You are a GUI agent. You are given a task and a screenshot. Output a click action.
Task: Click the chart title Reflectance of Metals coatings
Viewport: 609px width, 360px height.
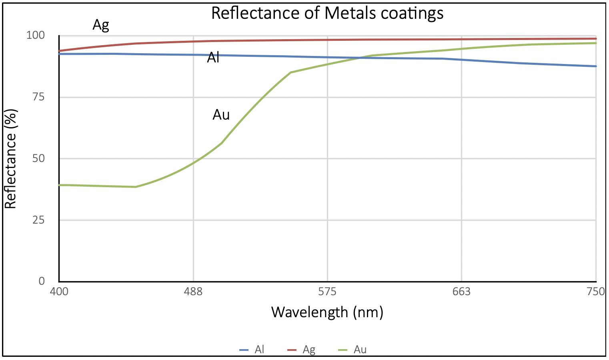pos(327,13)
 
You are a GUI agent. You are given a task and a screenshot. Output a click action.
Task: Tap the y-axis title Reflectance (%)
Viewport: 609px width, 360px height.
pos(11,159)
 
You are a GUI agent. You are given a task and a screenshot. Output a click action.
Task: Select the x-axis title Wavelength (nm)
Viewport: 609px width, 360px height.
pos(327,312)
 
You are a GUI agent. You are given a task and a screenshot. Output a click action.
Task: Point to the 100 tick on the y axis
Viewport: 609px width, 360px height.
pos(36,35)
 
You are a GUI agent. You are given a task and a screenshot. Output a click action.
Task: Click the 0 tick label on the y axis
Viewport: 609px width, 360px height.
pos(42,281)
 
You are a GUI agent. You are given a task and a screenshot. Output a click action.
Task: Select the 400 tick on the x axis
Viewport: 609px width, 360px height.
pos(59,292)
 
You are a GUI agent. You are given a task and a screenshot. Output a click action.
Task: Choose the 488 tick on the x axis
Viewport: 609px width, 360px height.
pos(193,292)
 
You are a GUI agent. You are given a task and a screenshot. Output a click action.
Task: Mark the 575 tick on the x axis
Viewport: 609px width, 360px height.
pos(327,292)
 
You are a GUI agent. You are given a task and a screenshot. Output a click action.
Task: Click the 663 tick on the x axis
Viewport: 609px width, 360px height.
pos(461,292)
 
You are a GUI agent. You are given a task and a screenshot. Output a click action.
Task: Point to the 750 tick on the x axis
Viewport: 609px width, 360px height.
pos(596,292)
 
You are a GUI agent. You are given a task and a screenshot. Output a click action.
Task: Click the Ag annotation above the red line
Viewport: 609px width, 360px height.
pos(101,25)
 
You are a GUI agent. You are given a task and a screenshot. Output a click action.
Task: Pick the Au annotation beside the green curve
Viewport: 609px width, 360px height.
pos(221,115)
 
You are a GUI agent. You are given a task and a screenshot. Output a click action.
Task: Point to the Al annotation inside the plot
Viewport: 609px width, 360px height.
pos(213,58)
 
